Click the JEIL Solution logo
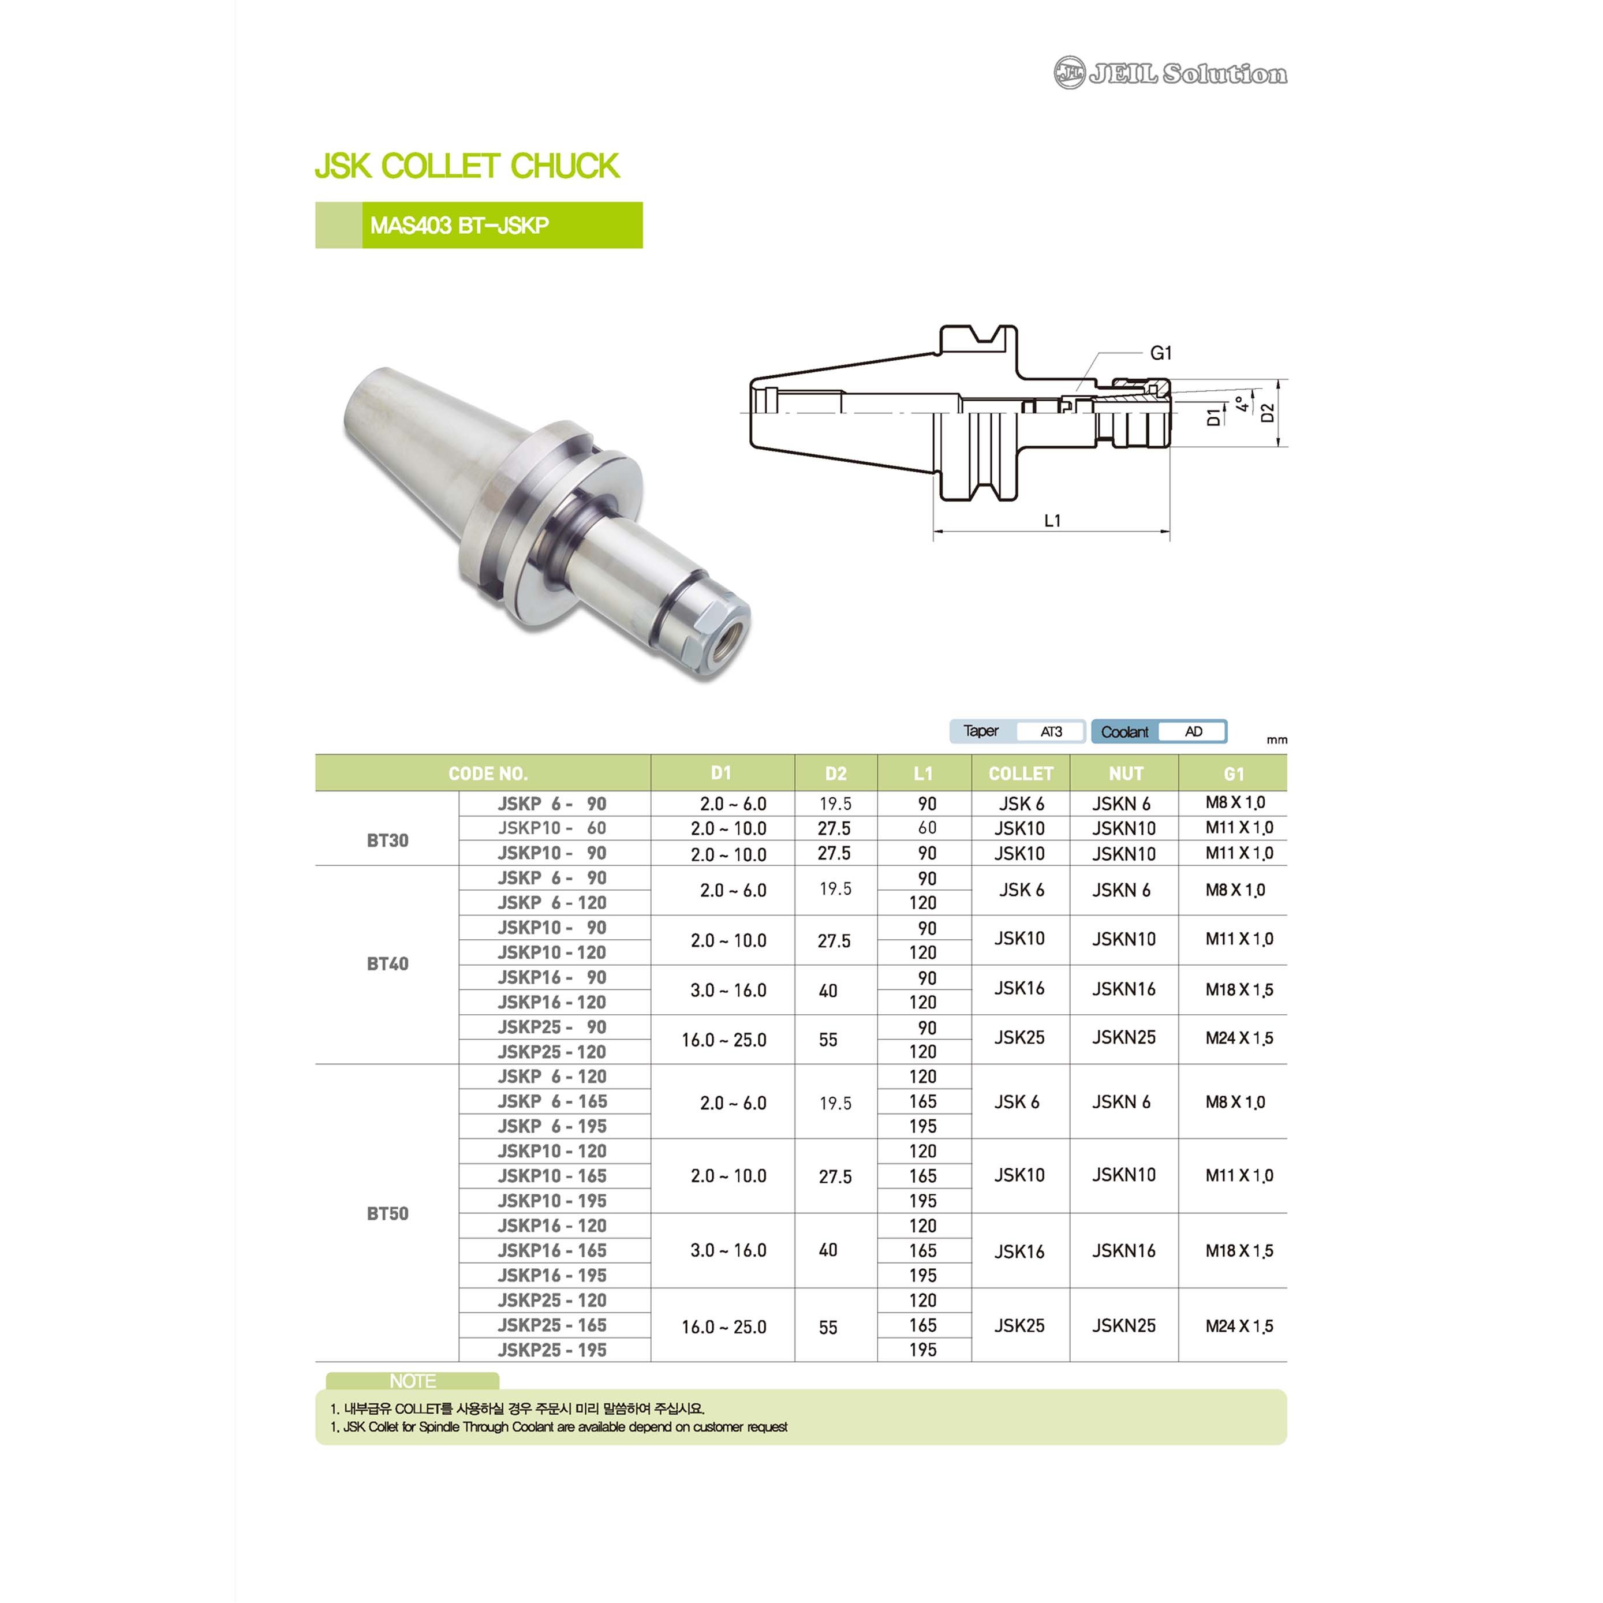pos(1170,73)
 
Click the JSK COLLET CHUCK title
pos(467,166)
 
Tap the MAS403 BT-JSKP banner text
pos(459,226)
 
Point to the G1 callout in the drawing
pos(1161,353)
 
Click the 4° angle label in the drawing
pos(1241,404)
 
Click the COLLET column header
pos(1021,774)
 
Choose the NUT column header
pos(1126,774)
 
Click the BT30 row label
pos(387,840)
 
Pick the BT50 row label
pos(387,1214)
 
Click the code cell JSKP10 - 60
pos(552,828)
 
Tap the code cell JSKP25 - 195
pos(552,1350)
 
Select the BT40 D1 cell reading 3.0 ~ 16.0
pos(728,991)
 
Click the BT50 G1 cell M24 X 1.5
pos(1239,1327)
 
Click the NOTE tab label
pos(412,1381)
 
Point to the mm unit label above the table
pos(1277,740)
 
